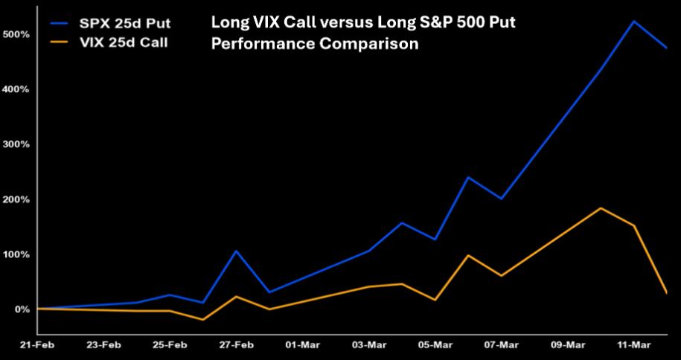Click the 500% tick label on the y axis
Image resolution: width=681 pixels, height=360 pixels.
click(16, 34)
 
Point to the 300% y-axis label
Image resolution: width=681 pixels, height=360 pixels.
click(16, 144)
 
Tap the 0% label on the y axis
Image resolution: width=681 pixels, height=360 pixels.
click(20, 309)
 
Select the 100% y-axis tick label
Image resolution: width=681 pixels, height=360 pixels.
click(16, 254)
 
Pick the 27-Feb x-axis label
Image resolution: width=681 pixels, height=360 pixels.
click(236, 345)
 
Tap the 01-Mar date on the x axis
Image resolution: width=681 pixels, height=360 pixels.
click(302, 345)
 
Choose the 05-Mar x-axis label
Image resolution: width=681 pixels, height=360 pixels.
click(435, 345)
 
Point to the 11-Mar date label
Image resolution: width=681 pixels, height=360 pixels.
click(633, 345)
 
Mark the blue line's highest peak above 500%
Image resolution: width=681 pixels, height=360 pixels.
click(633, 21)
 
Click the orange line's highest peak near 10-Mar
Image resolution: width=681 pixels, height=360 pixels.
click(601, 208)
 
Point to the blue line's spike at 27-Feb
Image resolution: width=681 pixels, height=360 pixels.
click(236, 251)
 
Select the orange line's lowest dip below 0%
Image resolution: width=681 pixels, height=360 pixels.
click(203, 320)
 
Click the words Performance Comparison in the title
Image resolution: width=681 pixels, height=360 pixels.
click(315, 44)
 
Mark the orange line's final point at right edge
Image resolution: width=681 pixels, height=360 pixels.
click(667, 293)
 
